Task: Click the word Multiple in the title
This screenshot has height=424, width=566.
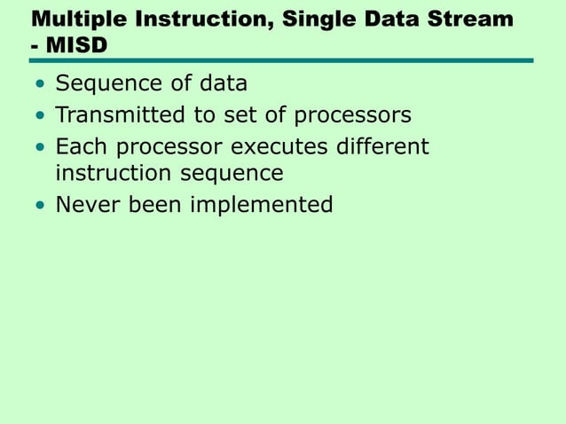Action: tap(75, 18)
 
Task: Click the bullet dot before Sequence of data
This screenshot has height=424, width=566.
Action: tap(40, 85)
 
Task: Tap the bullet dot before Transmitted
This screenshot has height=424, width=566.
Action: tap(40, 116)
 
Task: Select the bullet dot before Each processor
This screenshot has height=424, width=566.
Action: tap(40, 147)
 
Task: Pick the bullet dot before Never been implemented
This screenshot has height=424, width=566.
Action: tap(40, 207)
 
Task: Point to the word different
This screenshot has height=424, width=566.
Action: tap(383, 145)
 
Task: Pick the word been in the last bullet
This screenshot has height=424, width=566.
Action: tap(151, 205)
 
